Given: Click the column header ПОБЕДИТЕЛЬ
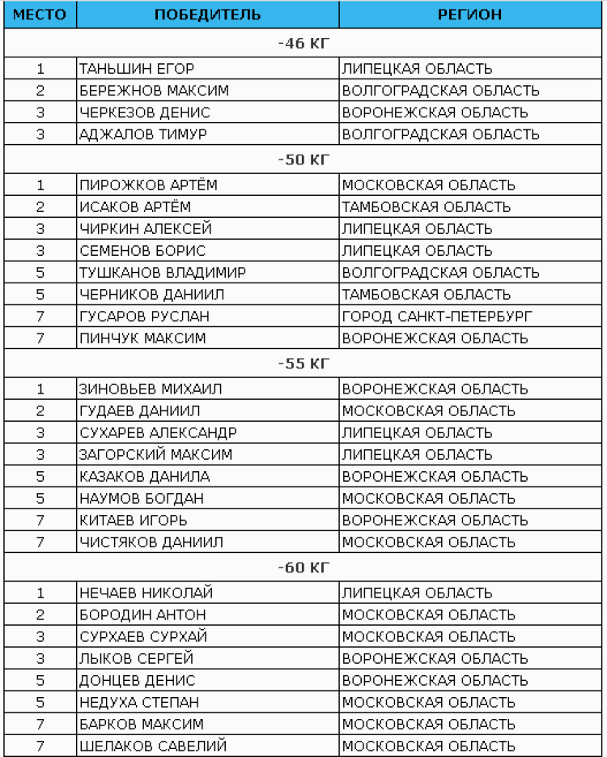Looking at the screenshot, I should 207,15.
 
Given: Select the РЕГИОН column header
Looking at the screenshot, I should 469,15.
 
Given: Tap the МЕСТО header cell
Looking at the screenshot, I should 39,15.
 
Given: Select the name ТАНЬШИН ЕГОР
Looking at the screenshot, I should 137,69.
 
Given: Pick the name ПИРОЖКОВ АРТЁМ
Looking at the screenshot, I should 148,185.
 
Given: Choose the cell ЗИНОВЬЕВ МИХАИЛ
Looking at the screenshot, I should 151,389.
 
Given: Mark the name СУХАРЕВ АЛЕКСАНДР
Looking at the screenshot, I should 158,432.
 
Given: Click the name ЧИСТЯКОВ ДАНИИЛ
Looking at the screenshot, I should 151,542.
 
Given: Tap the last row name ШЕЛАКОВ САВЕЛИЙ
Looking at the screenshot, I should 153,746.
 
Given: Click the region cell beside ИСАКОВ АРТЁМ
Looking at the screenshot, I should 426,206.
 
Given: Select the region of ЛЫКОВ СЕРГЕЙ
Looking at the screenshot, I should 435,658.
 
